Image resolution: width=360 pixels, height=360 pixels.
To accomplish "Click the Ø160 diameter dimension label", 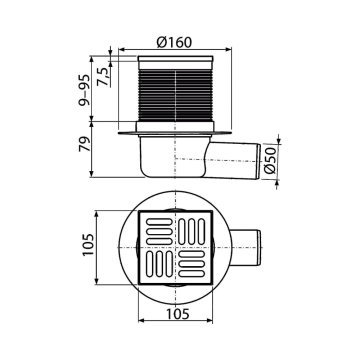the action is coord(174,42).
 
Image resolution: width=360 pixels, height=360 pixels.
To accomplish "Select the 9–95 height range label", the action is coord(84,90).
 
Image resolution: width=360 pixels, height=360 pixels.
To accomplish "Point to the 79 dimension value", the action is coord(84,144).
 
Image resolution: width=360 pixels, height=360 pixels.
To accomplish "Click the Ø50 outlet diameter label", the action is coord(271,160).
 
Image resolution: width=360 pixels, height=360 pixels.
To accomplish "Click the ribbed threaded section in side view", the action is coord(175,95).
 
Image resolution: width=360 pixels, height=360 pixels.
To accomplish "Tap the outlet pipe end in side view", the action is coord(258,161).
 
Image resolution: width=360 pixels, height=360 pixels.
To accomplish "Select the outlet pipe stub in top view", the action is coord(246,248).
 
